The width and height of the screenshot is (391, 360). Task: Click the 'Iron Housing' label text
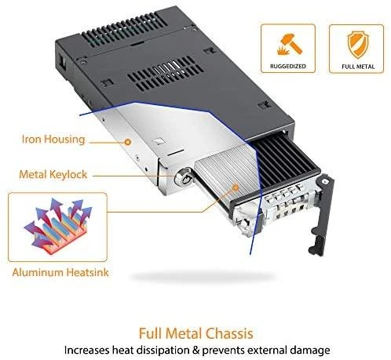[x=53, y=139]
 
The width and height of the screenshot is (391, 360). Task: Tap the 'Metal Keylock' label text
[x=53, y=174]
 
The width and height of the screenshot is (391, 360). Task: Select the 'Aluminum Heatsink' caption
[x=60, y=272]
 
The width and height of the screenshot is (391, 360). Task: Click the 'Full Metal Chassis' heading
[x=195, y=333]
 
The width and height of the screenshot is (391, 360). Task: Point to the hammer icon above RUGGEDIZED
[x=288, y=45]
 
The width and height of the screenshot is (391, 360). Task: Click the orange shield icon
[x=356, y=45]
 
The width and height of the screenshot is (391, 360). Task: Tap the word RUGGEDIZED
[x=288, y=66]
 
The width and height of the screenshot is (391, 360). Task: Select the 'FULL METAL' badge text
[x=358, y=67]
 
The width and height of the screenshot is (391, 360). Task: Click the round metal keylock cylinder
[x=185, y=177]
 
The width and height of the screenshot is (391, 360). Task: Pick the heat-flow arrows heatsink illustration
[x=58, y=227]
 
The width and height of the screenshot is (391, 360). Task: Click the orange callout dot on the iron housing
[x=128, y=142]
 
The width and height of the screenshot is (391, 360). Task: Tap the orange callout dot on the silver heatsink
[x=236, y=187]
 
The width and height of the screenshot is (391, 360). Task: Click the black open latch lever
[x=321, y=214]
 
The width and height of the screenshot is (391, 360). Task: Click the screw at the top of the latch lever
[x=325, y=181]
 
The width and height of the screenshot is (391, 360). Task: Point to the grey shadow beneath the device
[x=202, y=276]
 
